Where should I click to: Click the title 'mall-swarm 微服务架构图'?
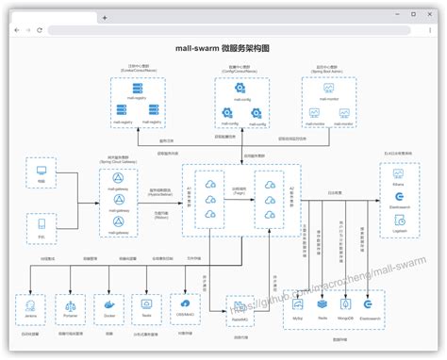[223, 46]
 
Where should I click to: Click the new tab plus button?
[105, 17]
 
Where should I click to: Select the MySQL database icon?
[297, 304]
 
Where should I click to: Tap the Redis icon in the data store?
[323, 304]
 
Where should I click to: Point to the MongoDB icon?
[347, 304]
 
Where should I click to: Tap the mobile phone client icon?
[41, 224]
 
